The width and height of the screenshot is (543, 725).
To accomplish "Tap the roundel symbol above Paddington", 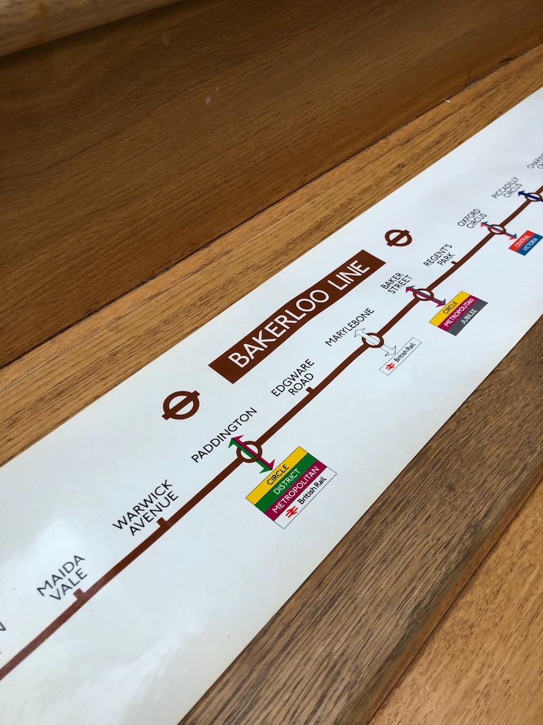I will [181, 405].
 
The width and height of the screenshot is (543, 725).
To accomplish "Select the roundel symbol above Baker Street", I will [398, 238].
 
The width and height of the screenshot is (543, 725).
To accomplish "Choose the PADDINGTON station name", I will [224, 435].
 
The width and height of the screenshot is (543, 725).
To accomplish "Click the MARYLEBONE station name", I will [350, 327].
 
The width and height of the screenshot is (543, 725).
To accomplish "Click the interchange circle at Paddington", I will [249, 451].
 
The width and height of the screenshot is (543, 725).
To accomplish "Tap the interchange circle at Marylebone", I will [373, 340].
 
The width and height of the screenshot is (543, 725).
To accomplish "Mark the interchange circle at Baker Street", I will [424, 295].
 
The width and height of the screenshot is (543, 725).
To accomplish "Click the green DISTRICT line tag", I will [287, 479].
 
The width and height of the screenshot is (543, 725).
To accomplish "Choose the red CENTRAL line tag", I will [520, 241].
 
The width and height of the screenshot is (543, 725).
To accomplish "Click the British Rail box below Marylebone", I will [400, 356].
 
